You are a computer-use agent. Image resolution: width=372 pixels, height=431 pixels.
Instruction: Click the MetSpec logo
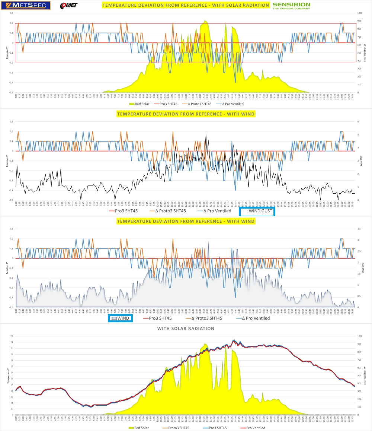pyautogui.click(x=26, y=6)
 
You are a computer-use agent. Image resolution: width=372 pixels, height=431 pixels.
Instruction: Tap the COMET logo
pyautogui.click(x=69, y=6)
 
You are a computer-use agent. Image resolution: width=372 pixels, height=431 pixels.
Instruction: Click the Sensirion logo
pyautogui.click(x=291, y=6)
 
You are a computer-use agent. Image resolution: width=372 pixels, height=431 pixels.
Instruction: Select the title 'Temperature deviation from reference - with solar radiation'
pyautogui.click(x=186, y=5)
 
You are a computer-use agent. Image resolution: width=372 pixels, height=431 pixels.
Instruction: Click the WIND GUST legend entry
pyautogui.click(x=257, y=211)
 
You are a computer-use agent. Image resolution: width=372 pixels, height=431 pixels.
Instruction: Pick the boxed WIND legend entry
pyautogui.click(x=120, y=318)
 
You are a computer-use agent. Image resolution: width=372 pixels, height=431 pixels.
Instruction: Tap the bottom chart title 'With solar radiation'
pyautogui.click(x=186, y=329)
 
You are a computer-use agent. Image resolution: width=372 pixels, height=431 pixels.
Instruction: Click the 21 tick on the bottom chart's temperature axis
pyautogui.click(x=12, y=342)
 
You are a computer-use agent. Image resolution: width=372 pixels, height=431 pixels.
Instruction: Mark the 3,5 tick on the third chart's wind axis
pyautogui.click(x=359, y=229)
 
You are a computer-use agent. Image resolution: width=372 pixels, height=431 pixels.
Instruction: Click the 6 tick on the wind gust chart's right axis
pyautogui.click(x=358, y=121)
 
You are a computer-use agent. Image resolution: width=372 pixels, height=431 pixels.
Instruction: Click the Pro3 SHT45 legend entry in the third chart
pyautogui.click(x=157, y=318)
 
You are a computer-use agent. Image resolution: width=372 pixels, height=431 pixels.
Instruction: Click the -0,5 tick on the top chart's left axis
pyautogui.click(x=12, y=92)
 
